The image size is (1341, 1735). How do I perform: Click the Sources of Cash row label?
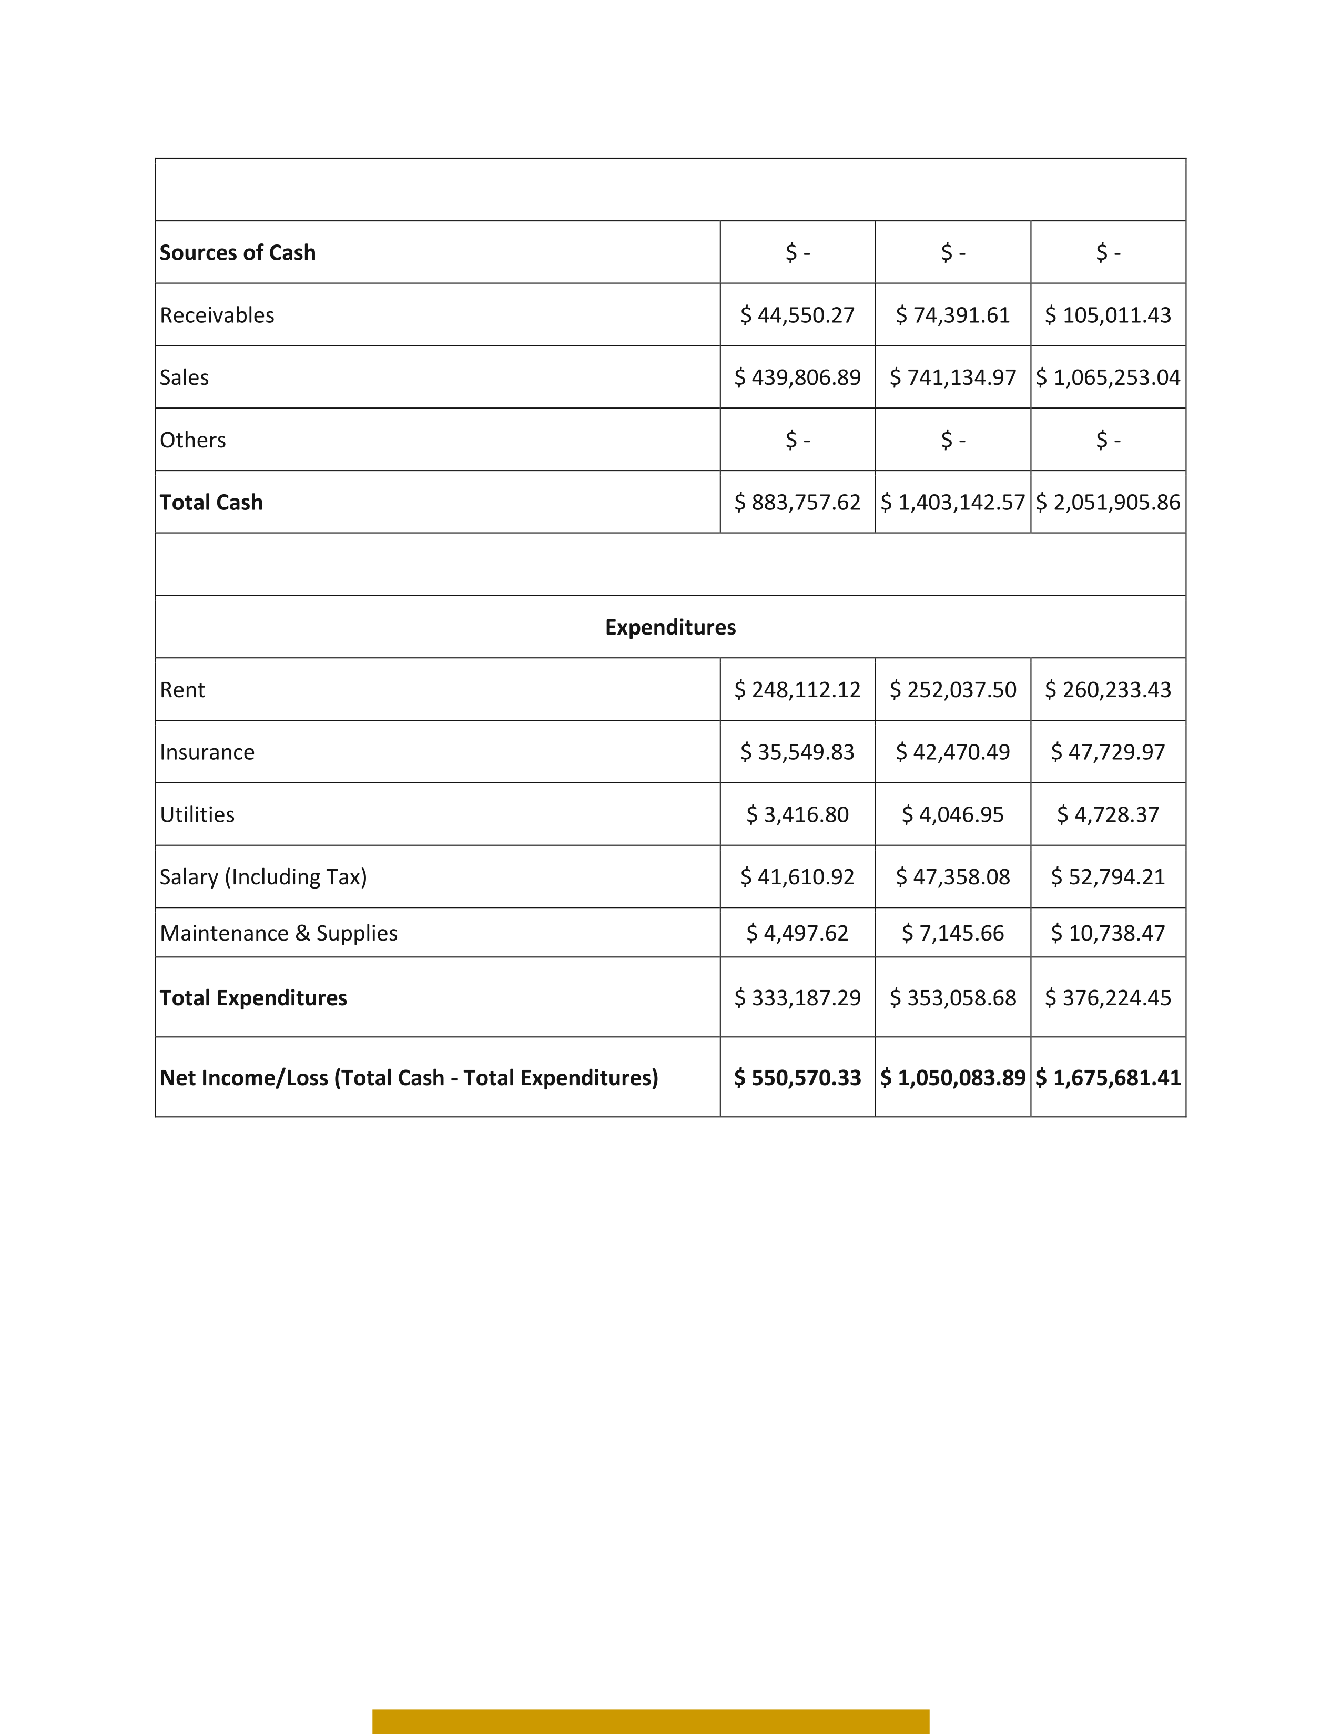tap(238, 252)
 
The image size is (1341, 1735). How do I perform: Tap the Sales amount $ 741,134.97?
tap(952, 377)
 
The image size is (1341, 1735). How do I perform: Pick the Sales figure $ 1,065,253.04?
tap(1108, 377)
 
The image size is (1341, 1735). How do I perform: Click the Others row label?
tap(193, 440)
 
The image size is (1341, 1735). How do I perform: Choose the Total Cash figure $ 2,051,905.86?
tap(1108, 502)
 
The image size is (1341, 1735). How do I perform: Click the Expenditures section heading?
tap(670, 628)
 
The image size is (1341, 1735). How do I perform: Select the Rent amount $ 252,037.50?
tap(952, 690)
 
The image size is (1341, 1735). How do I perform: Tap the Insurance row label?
tap(207, 752)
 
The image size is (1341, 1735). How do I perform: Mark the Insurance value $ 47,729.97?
tap(1108, 752)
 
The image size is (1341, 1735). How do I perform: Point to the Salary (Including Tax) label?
tap(263, 877)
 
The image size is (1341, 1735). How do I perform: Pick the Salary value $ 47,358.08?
tap(952, 877)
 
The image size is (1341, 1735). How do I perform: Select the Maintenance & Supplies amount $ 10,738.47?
tap(1108, 933)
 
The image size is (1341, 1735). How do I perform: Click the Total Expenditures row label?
tap(253, 998)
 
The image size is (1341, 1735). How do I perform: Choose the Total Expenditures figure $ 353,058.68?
tap(952, 998)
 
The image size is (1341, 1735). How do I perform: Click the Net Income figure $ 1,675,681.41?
tap(1108, 1078)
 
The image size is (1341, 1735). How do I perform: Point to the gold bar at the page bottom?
tap(651, 1721)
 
